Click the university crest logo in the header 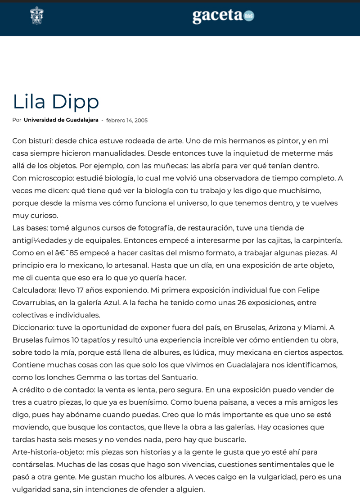click(x=37, y=16)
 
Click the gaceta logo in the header click(x=223, y=16)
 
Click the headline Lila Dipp click(x=56, y=101)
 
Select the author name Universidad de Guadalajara click(x=61, y=120)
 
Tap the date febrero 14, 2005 click(x=127, y=120)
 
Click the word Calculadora click(x=34, y=290)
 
